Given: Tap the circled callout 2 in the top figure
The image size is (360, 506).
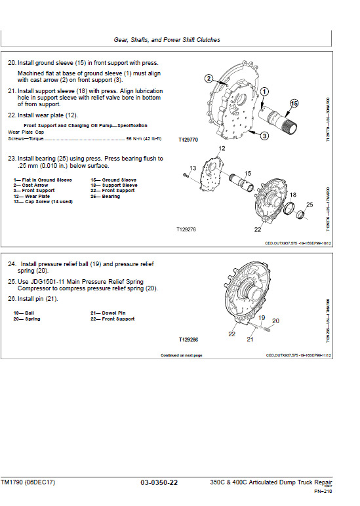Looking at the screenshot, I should click(x=209, y=79).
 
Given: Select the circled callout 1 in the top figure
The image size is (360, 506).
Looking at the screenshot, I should click(x=264, y=91).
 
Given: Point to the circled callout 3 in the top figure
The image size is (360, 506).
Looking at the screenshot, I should click(x=264, y=136).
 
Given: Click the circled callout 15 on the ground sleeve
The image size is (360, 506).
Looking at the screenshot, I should click(x=293, y=104).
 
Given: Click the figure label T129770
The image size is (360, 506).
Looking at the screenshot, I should click(x=188, y=140).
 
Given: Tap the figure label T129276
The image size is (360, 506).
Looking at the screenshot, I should click(x=186, y=230).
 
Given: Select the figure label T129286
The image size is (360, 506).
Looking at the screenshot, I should click(x=188, y=340).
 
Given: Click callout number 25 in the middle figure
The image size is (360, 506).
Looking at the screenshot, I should click(x=310, y=205).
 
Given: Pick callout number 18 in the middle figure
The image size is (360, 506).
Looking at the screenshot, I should click(x=292, y=195).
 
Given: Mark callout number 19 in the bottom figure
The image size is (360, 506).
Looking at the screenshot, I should click(x=261, y=317).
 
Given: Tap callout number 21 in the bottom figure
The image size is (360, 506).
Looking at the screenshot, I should click(x=250, y=340).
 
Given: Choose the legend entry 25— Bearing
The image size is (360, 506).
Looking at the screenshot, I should click(x=105, y=196).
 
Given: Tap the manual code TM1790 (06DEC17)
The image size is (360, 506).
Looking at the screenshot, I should click(x=28, y=483).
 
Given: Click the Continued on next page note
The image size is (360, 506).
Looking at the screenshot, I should click(x=181, y=355).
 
